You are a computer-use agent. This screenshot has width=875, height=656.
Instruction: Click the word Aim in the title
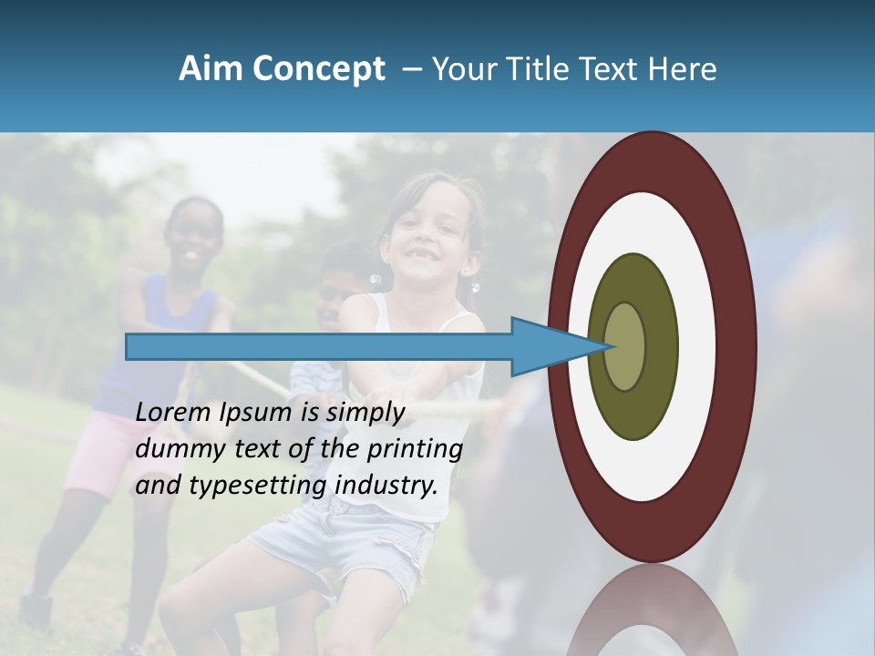[x=211, y=69]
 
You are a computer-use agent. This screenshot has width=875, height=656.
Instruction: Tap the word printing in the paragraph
[x=415, y=449]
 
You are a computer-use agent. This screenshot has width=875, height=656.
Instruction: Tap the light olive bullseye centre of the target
[x=626, y=346]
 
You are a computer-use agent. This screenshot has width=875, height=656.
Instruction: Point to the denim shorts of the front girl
[x=346, y=533]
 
